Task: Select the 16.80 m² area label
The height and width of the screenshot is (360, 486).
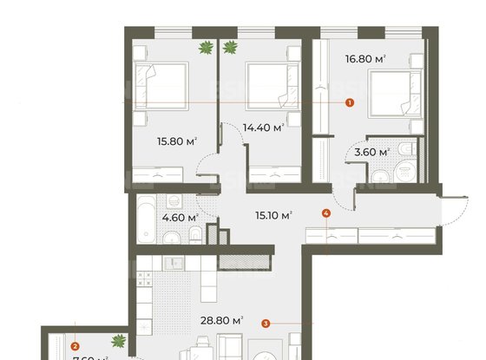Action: (x=367, y=59)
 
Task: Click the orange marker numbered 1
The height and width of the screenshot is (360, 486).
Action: (x=349, y=102)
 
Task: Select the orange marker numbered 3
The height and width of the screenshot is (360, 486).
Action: (x=265, y=324)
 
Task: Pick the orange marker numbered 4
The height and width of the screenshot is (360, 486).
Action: (x=325, y=213)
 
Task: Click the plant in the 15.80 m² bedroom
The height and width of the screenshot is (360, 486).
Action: (x=206, y=49)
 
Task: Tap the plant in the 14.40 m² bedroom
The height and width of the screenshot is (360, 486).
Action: (x=231, y=49)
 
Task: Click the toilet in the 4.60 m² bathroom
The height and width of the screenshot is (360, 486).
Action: (x=198, y=234)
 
